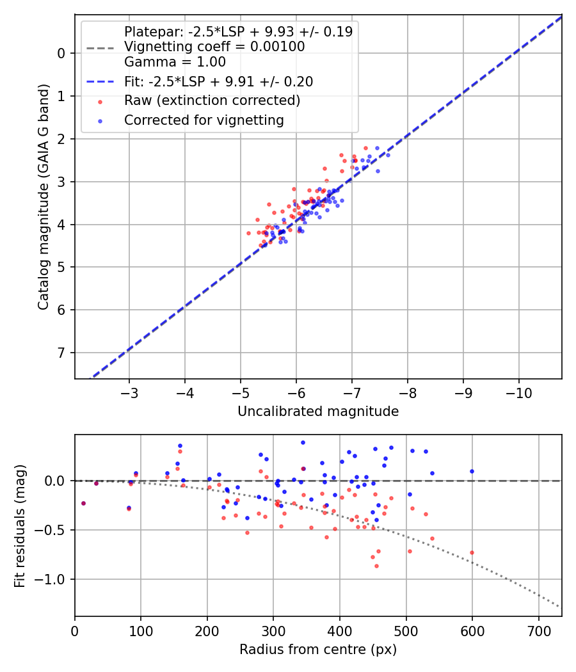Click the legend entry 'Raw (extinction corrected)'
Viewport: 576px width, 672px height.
point(212,100)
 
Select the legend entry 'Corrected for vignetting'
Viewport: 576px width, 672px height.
point(204,120)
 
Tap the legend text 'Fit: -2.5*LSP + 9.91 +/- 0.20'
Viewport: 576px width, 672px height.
point(218,81)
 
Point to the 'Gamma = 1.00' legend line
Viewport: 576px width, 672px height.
point(175,62)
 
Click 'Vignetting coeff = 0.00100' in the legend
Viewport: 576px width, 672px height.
point(214,47)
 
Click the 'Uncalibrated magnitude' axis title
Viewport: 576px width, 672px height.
point(318,412)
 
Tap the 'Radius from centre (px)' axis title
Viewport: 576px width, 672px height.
point(318,650)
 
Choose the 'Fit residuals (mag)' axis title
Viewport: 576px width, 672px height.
point(20,525)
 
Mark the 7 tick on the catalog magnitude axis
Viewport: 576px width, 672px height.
point(62,353)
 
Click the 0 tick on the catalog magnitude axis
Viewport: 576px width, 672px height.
point(62,53)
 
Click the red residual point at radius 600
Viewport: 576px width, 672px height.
point(472,552)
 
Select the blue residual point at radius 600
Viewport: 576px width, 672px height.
point(472,471)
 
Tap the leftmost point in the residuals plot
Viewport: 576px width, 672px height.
point(83,503)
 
